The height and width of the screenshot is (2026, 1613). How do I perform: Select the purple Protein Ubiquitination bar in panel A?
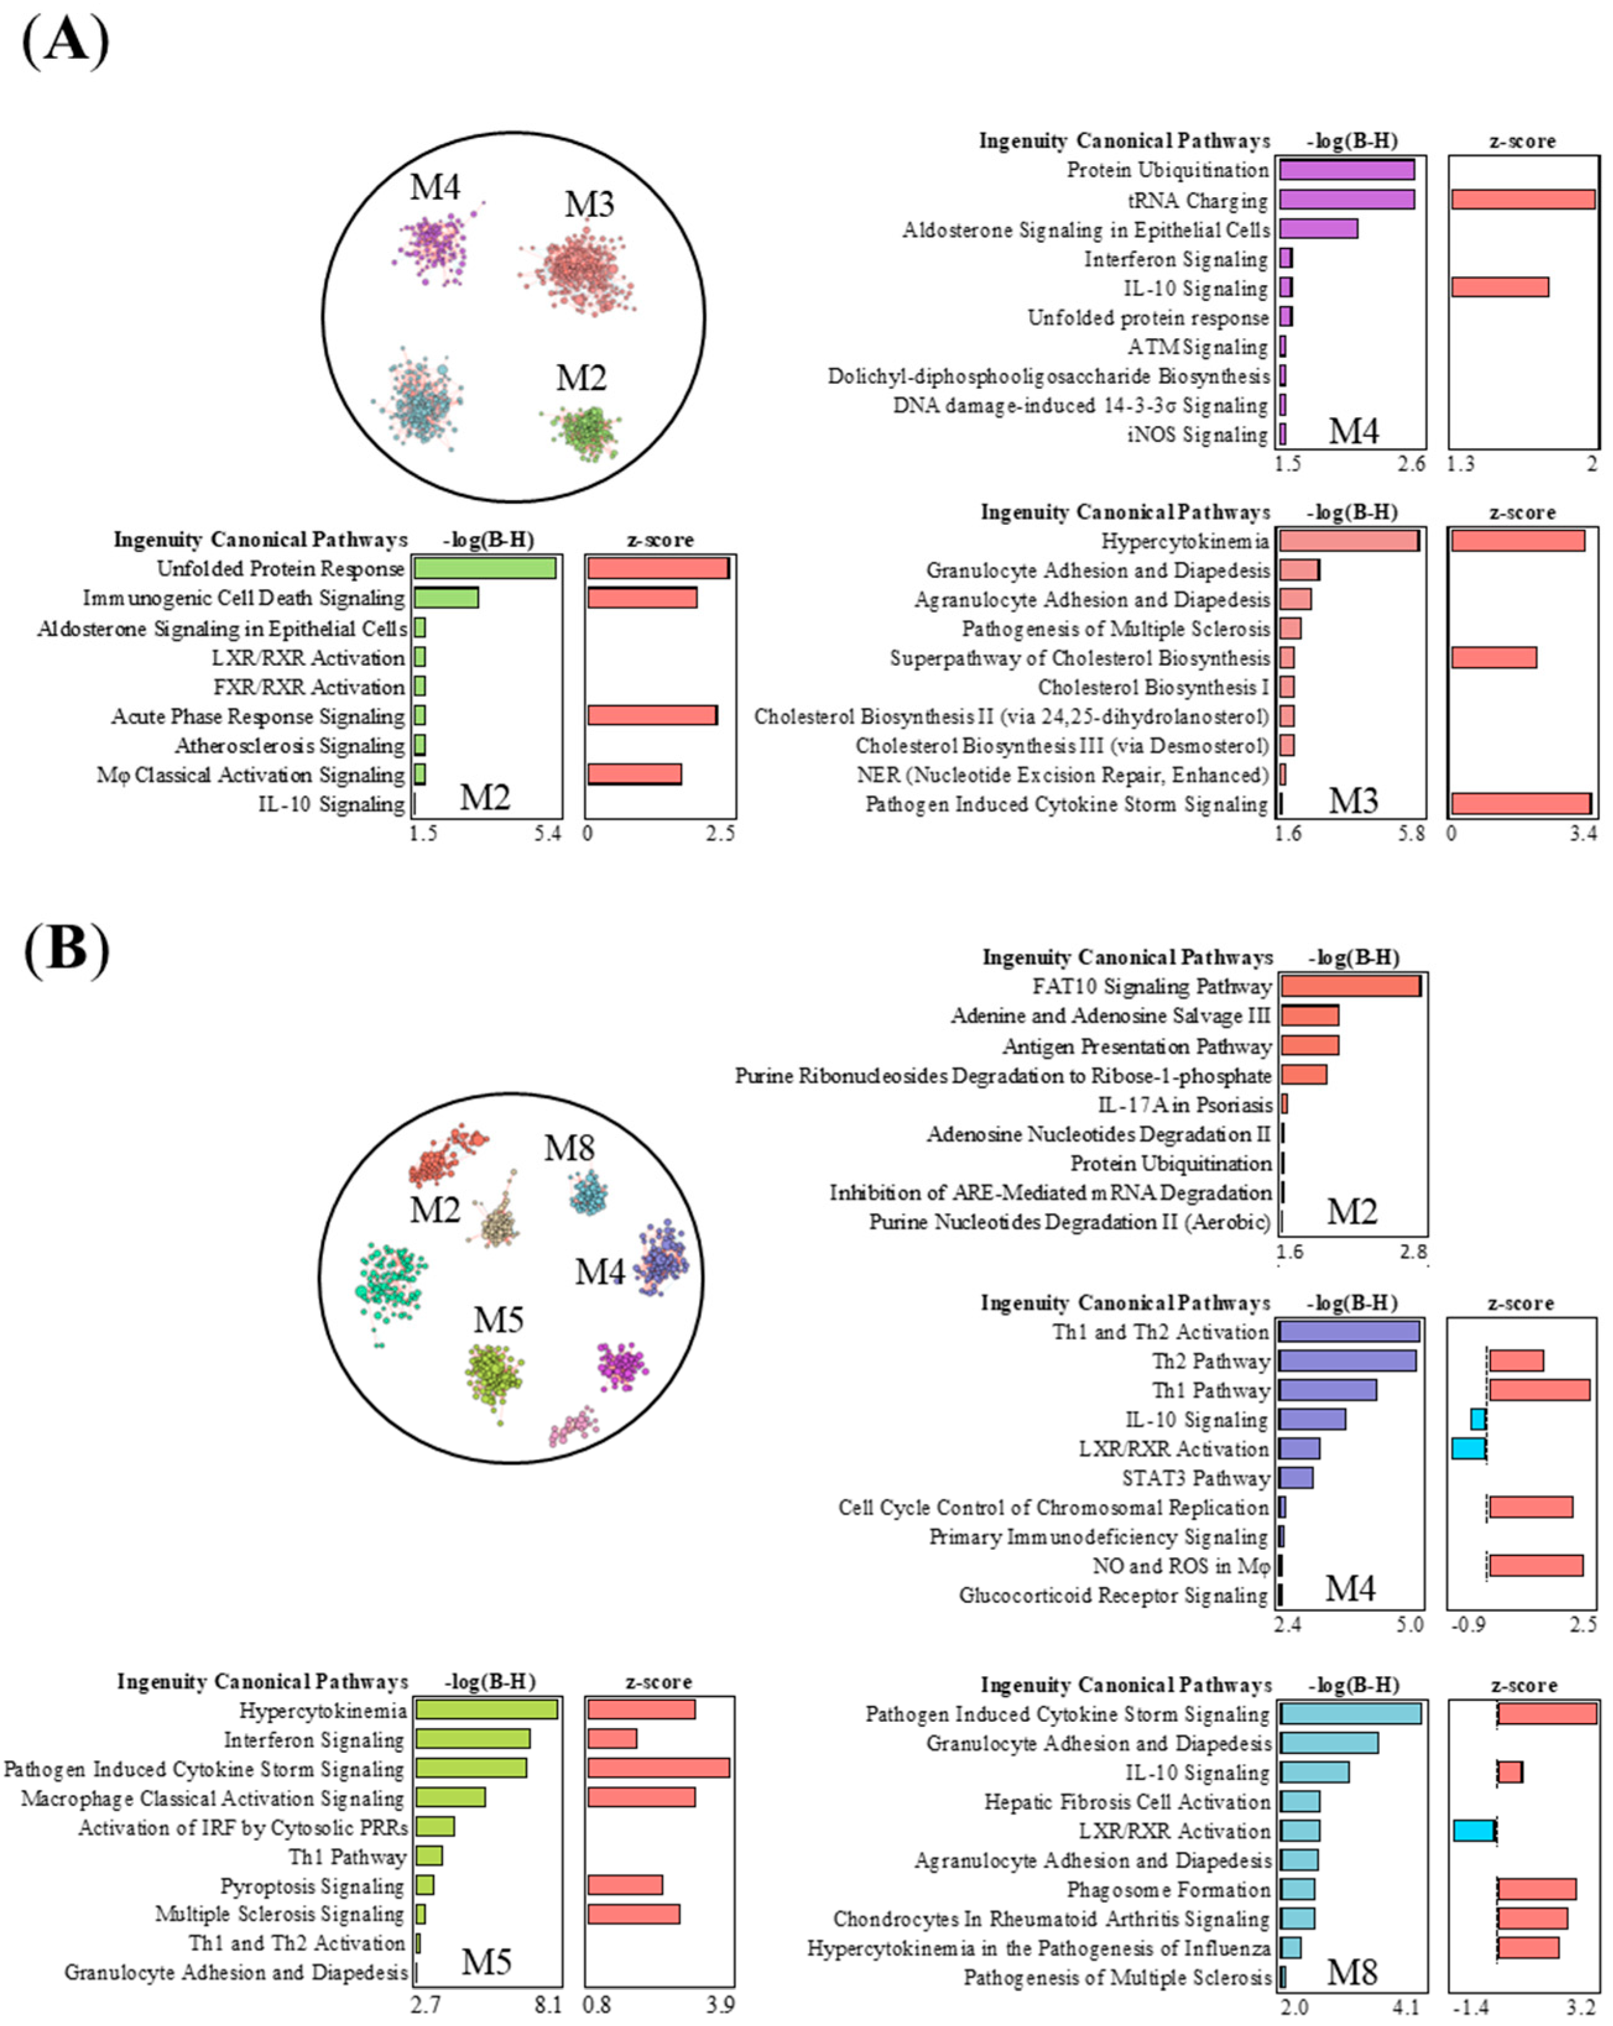coord(1346,170)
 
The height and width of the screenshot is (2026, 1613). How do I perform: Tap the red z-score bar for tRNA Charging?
coord(1522,199)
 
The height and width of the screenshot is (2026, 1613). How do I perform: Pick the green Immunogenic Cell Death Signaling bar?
coord(447,598)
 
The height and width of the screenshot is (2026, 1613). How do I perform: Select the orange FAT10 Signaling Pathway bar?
coord(1350,985)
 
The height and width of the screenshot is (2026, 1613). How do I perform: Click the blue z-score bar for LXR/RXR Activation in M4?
coord(1468,1448)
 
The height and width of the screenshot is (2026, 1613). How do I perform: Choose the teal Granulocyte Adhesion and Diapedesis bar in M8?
coord(1328,1743)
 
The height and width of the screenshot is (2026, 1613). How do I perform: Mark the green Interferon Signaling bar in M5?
coord(473,1739)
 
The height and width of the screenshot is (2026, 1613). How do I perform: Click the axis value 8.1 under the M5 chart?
coord(548,2004)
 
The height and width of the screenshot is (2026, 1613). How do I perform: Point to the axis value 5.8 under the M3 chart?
coord(1411,833)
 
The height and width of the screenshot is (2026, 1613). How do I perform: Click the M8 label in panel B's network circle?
coord(570,1147)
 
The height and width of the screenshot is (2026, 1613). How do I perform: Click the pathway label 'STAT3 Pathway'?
coord(1196,1478)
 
